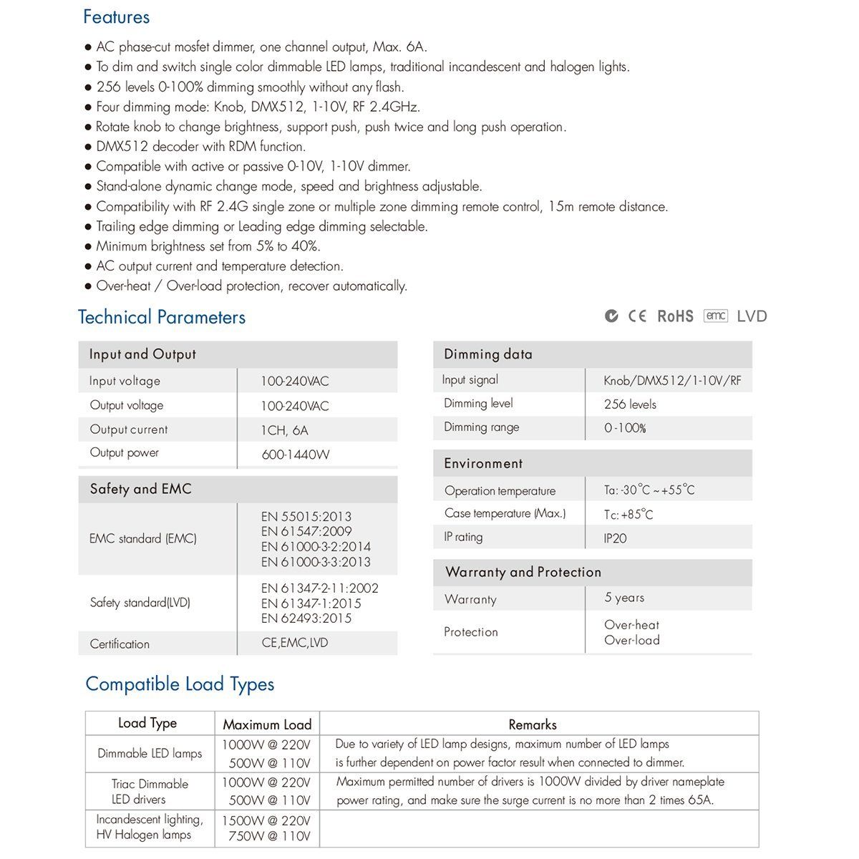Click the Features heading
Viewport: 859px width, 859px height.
(x=116, y=17)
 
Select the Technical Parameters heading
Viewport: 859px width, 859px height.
(x=162, y=317)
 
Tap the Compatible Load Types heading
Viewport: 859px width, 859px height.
(x=180, y=684)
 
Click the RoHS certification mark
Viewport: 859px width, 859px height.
(x=675, y=316)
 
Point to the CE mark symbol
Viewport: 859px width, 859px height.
(x=637, y=316)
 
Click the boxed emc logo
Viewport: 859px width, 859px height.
(x=715, y=316)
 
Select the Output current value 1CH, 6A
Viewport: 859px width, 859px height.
(x=284, y=430)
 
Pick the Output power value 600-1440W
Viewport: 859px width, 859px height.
(x=295, y=455)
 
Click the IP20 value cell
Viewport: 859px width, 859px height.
(x=615, y=538)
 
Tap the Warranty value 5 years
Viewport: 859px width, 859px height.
(x=624, y=598)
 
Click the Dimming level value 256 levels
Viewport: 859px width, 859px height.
(x=630, y=404)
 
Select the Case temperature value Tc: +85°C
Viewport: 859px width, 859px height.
(x=628, y=515)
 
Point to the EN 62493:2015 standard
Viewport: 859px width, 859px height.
(x=306, y=618)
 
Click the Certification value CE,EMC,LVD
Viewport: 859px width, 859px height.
(x=294, y=643)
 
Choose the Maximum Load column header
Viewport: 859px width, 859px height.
(x=267, y=724)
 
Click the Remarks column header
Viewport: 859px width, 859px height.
(x=533, y=724)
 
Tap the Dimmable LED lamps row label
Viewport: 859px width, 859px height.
(x=150, y=754)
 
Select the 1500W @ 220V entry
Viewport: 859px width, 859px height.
(x=266, y=821)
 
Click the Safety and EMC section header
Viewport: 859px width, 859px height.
(x=141, y=490)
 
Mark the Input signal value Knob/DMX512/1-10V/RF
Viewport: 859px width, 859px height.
(x=672, y=381)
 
